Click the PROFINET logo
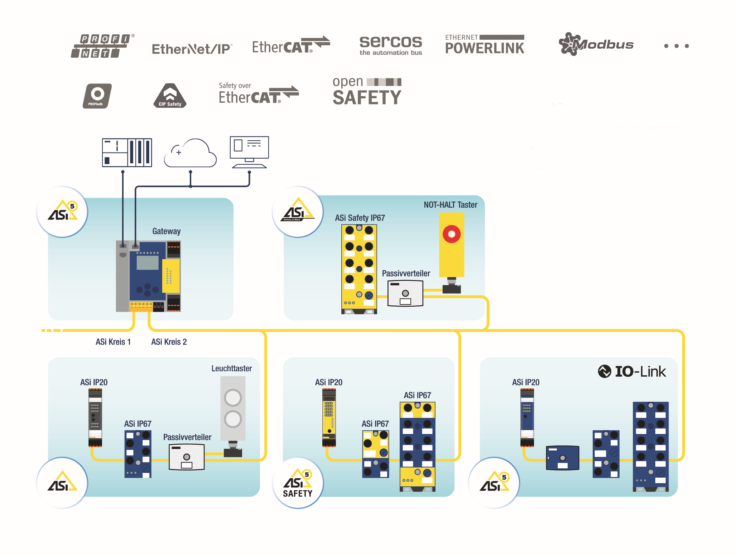click(102, 46)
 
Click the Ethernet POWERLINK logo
click(484, 45)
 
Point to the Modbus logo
click(596, 44)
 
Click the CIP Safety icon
click(170, 96)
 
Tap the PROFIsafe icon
click(97, 96)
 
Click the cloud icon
click(190, 153)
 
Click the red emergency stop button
click(451, 234)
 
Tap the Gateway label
click(166, 231)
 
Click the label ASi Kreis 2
click(169, 342)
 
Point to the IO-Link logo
click(632, 371)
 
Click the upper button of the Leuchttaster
click(233, 397)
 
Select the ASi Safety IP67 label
click(360, 218)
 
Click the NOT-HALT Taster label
click(450, 205)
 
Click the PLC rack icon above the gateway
click(127, 153)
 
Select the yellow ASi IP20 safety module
click(329, 418)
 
